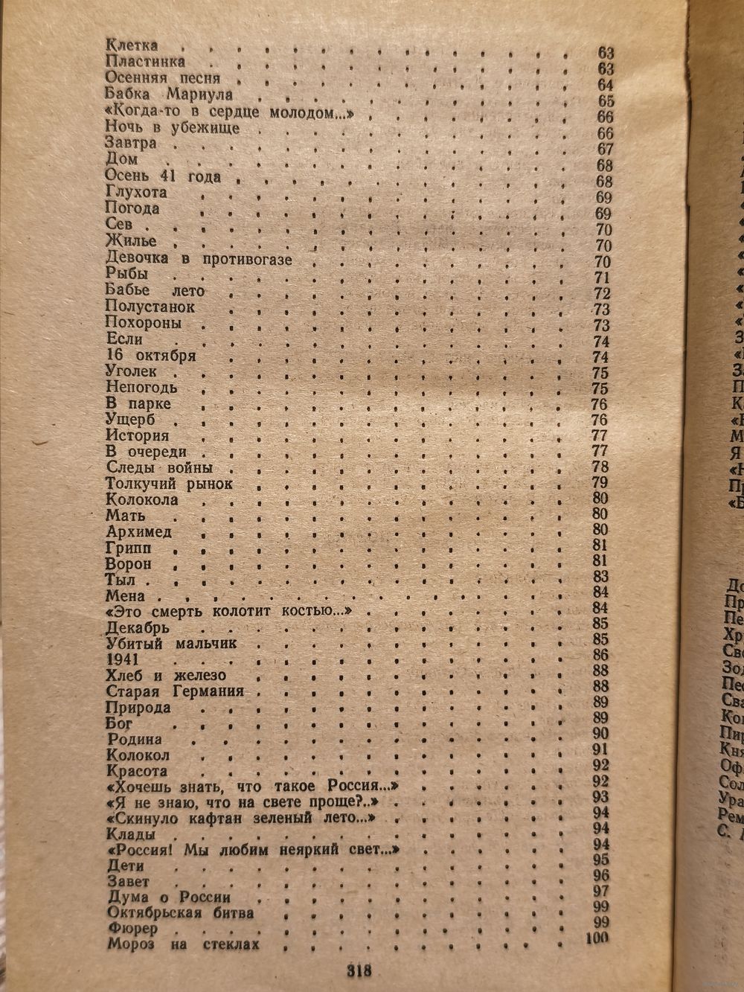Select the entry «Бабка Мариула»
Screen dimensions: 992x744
(x=169, y=95)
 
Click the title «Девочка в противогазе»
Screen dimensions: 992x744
(x=198, y=260)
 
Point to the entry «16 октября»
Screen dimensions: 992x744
(x=151, y=355)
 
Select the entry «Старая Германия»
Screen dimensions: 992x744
(x=176, y=691)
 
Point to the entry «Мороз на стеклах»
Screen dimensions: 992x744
(x=183, y=945)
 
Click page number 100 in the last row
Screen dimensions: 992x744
(x=597, y=938)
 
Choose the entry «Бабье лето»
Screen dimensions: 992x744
(x=155, y=291)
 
